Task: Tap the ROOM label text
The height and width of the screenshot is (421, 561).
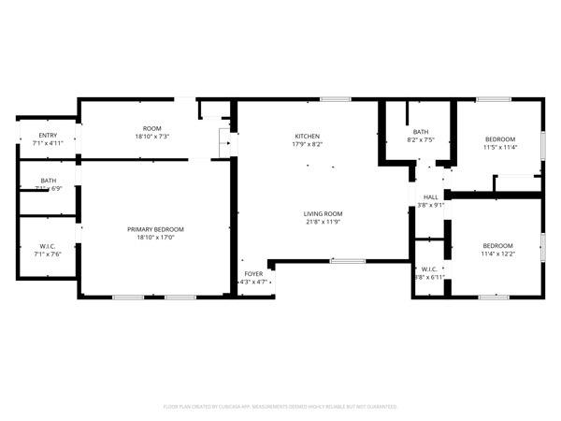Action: tap(152, 128)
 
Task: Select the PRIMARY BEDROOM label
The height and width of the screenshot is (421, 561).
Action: tap(155, 229)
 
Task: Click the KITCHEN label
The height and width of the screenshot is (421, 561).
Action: tap(308, 137)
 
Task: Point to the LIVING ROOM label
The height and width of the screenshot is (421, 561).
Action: tap(322, 213)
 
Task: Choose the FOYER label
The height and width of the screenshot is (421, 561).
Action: tap(253, 274)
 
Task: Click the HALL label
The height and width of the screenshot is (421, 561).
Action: tap(431, 197)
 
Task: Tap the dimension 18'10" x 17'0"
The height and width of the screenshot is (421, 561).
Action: tap(155, 238)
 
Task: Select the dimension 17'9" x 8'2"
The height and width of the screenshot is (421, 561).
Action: tap(308, 145)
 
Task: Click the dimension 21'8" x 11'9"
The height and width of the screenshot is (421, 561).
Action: tap(322, 222)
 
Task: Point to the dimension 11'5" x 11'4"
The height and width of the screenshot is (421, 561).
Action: tap(500, 147)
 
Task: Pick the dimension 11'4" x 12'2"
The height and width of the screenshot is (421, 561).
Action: tap(497, 254)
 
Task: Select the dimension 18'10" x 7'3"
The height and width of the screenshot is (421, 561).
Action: tap(152, 137)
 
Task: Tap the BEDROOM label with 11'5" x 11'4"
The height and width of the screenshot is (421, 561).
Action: tap(500, 138)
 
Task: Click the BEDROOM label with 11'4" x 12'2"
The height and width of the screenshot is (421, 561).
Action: tap(497, 245)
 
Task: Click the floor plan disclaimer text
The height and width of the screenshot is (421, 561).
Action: tap(280, 407)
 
